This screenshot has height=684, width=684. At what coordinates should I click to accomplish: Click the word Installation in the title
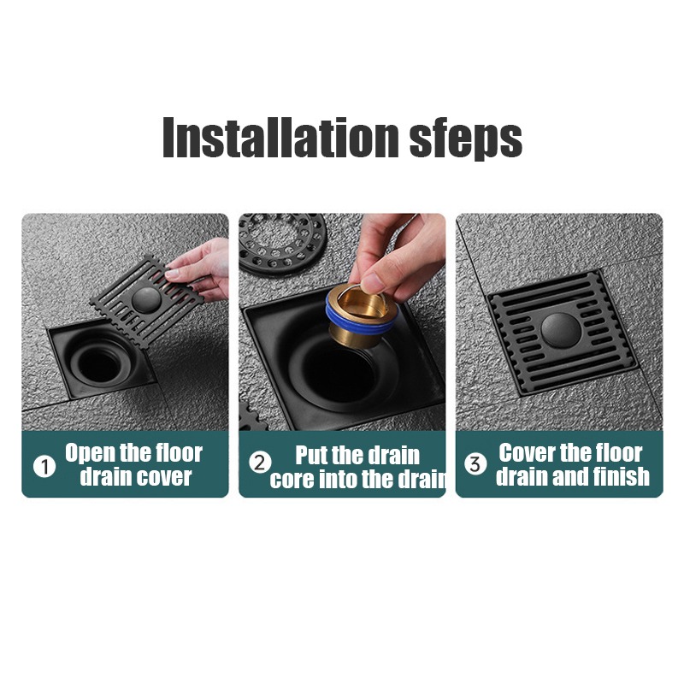pos(280,137)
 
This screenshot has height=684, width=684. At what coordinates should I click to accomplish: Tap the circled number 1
pos(44,466)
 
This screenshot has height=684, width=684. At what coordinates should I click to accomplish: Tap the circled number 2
pos(260,463)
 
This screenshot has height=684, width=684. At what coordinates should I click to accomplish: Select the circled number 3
pos(475,463)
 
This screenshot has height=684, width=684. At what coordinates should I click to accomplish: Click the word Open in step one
pos(91,454)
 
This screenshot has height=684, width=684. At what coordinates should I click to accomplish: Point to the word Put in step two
pos(311,455)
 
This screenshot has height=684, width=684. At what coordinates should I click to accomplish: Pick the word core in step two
pos(292,480)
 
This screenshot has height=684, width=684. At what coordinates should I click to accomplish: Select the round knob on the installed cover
pos(561,330)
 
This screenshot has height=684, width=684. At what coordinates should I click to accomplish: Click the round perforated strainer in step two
pos(282,245)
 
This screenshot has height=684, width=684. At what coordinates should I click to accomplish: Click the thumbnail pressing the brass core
pos(372,284)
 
